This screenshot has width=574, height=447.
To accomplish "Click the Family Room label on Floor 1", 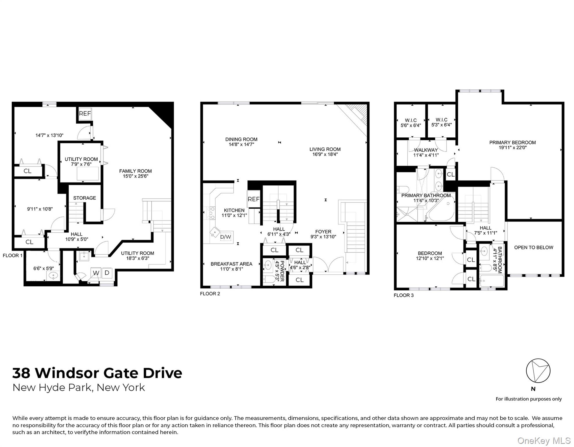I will (135, 171).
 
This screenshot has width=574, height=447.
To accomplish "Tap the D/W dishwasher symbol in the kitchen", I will (226, 237).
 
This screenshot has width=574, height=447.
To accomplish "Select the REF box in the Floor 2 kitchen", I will (253, 199).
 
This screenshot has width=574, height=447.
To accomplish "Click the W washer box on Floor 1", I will (96, 273).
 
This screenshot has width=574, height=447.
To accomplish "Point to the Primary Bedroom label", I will (512, 143).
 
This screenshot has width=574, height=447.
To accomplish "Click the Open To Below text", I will (534, 248).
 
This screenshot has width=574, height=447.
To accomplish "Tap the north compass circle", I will (538, 371).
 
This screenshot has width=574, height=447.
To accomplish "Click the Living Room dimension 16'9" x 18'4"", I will (325, 155).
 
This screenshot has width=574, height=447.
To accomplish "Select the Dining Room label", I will (241, 139).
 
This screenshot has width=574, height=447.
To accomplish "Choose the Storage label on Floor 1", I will (85, 198).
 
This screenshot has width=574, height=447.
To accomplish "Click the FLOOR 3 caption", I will (403, 295).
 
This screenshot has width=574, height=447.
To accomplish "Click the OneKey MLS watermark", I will (544, 441).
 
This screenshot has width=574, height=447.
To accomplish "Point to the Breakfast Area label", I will (231, 264).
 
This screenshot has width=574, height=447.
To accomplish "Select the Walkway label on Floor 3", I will (426, 150).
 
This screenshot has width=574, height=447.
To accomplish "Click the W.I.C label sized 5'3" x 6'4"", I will (441, 120).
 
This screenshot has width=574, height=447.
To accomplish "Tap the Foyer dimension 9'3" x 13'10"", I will (323, 237).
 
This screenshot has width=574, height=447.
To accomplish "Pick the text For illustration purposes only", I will (528, 399).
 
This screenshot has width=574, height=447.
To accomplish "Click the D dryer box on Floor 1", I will (107, 273).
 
